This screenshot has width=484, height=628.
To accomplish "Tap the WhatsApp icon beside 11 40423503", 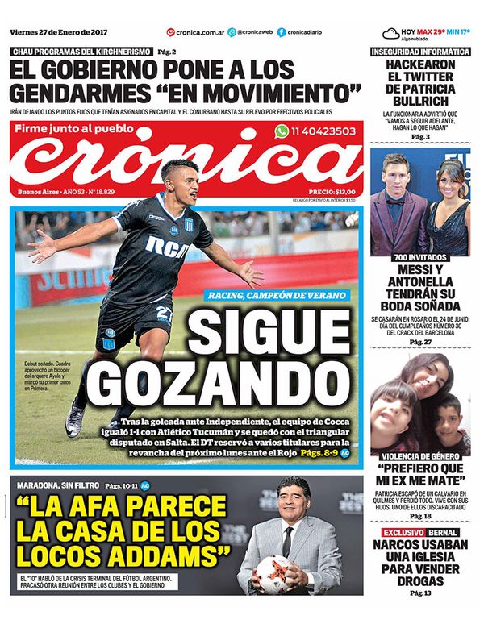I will [x=282, y=131].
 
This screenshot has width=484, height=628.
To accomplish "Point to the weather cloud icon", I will [x=391, y=33].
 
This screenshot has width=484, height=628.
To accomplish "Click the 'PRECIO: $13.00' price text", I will [x=327, y=191].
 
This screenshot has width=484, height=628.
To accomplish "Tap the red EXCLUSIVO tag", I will [x=402, y=534].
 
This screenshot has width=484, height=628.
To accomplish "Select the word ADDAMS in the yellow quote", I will [x=169, y=555].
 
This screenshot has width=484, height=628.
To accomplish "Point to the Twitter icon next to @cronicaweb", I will [x=232, y=32].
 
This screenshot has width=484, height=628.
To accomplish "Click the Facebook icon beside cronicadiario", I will [x=282, y=32].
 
